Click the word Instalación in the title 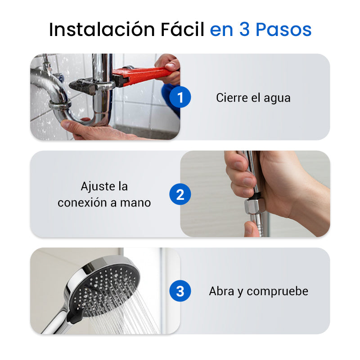tap(102, 29)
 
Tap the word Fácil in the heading tap(182, 29)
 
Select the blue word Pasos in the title tap(283, 29)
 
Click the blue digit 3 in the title tap(244, 29)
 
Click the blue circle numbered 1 tap(180, 97)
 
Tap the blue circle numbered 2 tap(180, 194)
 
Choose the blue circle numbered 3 tap(180, 291)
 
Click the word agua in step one tap(277, 99)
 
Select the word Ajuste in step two tap(98, 186)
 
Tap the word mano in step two tap(135, 203)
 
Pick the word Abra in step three tap(221, 291)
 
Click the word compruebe tap(278, 292)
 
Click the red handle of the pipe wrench tap(147, 75)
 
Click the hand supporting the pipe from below tap(96, 130)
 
